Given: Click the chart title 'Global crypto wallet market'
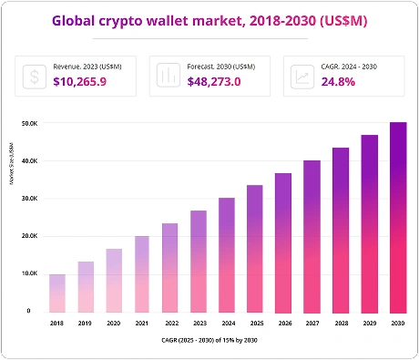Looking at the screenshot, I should (209, 19).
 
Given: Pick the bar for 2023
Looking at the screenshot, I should (199, 261).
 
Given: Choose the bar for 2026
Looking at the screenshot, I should (283, 242).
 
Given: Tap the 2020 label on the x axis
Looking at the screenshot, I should (114, 322).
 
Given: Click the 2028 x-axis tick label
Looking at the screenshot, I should (341, 322).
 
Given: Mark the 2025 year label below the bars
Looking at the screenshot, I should (255, 322).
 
